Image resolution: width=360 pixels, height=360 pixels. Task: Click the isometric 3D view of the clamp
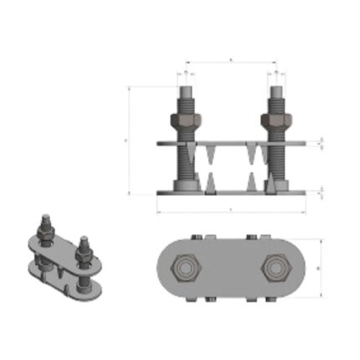coord(63,260)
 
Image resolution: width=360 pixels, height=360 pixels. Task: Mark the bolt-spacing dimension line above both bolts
coord(230,62)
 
